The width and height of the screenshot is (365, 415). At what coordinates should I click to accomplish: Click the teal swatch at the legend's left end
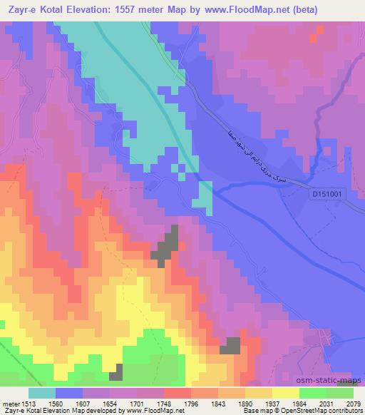click(41, 392)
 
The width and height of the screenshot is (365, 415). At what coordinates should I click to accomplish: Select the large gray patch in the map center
click(167, 245)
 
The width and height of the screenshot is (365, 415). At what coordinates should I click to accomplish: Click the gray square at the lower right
click(230, 346)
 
